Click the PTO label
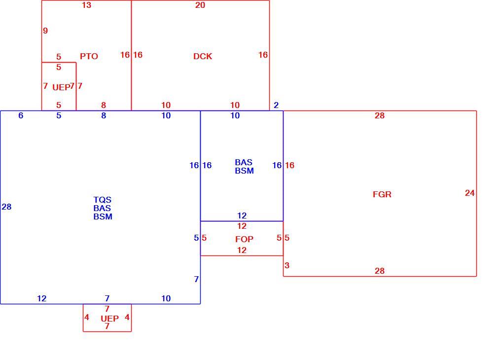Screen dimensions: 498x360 pyautogui.click(x=89, y=56)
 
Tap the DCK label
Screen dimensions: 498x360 pyautogui.click(x=203, y=56)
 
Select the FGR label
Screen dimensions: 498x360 pyautogui.click(x=382, y=194)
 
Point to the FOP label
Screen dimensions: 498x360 pyautogui.click(x=244, y=239)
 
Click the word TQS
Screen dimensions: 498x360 pyautogui.click(x=102, y=200)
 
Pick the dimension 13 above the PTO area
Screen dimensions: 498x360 pyautogui.click(x=86, y=5)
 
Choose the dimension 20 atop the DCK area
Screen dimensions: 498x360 pyautogui.click(x=200, y=5)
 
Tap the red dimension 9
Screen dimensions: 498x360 pyautogui.click(x=45, y=31)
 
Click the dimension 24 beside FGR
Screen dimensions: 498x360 pyautogui.click(x=470, y=193)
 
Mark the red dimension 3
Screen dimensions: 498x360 pyautogui.click(x=287, y=265)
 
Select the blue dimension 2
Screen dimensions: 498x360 pyautogui.click(x=276, y=105)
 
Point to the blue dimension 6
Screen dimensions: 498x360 pyautogui.click(x=21, y=115)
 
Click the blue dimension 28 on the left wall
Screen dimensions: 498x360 pyautogui.click(x=7, y=207)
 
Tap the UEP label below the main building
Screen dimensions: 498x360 pyautogui.click(x=109, y=319)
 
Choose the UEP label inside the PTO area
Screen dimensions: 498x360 pyautogui.click(x=61, y=87)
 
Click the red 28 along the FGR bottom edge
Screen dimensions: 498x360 pyautogui.click(x=380, y=271)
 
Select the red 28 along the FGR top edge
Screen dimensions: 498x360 pyautogui.click(x=380, y=115)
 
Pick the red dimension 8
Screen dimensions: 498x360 pyautogui.click(x=104, y=105)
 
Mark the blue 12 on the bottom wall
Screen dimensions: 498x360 pyautogui.click(x=41, y=298)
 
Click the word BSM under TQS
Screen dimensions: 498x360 pyautogui.click(x=103, y=216)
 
